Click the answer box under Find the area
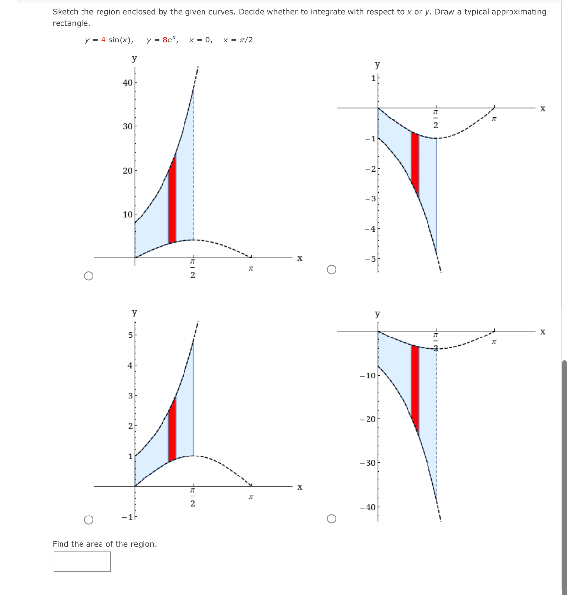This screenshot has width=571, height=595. coord(82,561)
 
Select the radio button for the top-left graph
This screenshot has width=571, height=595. coord(88,276)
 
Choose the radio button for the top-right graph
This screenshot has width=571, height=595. coord(331,270)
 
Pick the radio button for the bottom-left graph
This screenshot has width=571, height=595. coord(88,519)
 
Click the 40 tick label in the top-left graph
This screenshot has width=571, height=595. coord(127,83)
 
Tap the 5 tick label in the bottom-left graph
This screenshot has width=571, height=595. coord(130,335)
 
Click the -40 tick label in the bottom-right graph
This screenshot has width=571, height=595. coord(367,507)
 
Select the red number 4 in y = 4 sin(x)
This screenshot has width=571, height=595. coord(103,40)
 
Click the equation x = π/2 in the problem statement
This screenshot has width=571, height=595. coord(238,40)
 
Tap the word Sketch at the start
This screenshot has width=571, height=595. coord(66,12)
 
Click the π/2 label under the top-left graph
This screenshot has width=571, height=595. coord(193,269)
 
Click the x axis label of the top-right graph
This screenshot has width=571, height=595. coord(543,108)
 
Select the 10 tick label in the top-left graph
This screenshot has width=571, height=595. coord(127,215)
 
